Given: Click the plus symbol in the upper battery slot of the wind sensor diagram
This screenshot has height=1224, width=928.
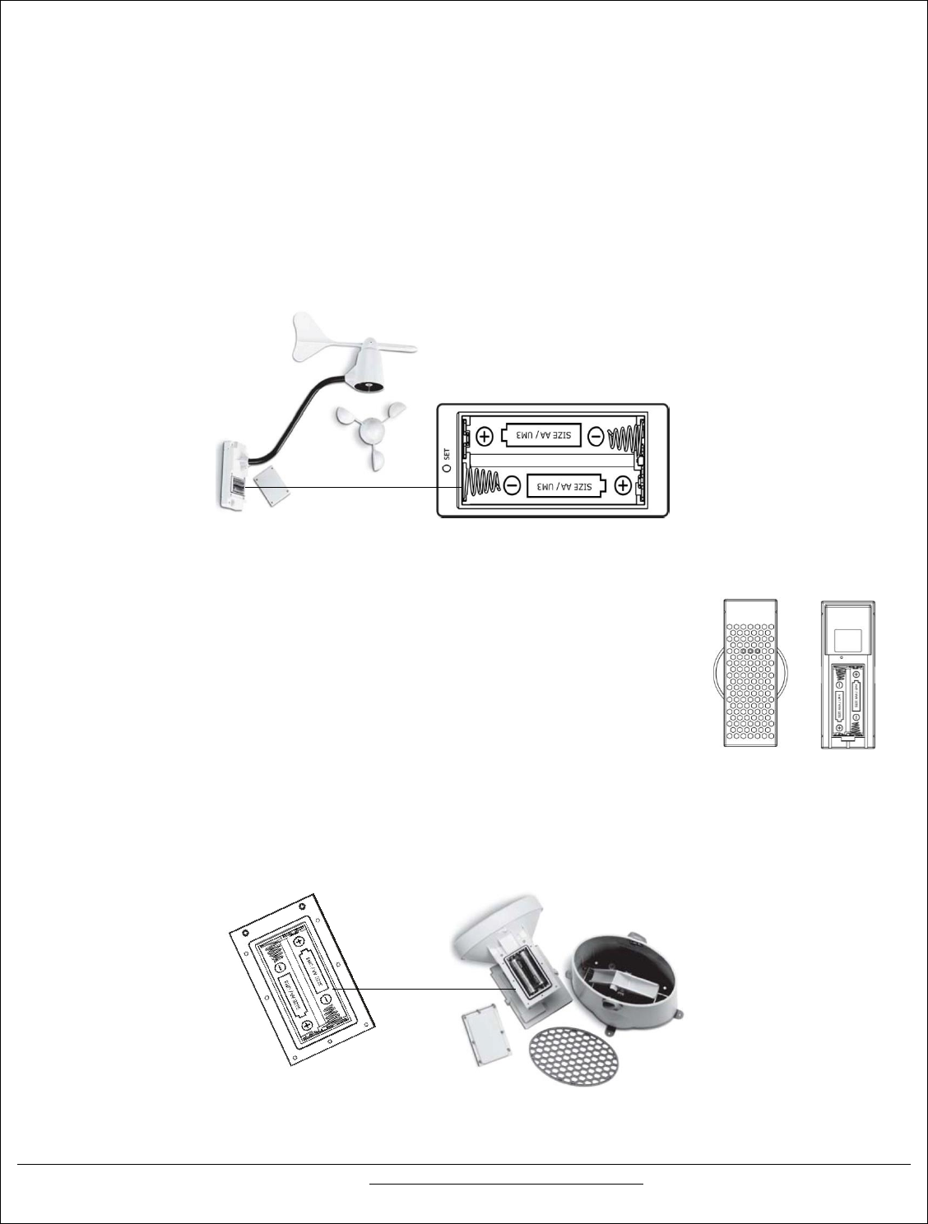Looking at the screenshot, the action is coord(485,436).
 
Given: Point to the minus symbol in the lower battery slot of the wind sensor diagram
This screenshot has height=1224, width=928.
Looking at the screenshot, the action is coord(512,486).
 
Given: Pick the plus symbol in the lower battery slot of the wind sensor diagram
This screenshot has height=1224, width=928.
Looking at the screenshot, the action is coord(623,486).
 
